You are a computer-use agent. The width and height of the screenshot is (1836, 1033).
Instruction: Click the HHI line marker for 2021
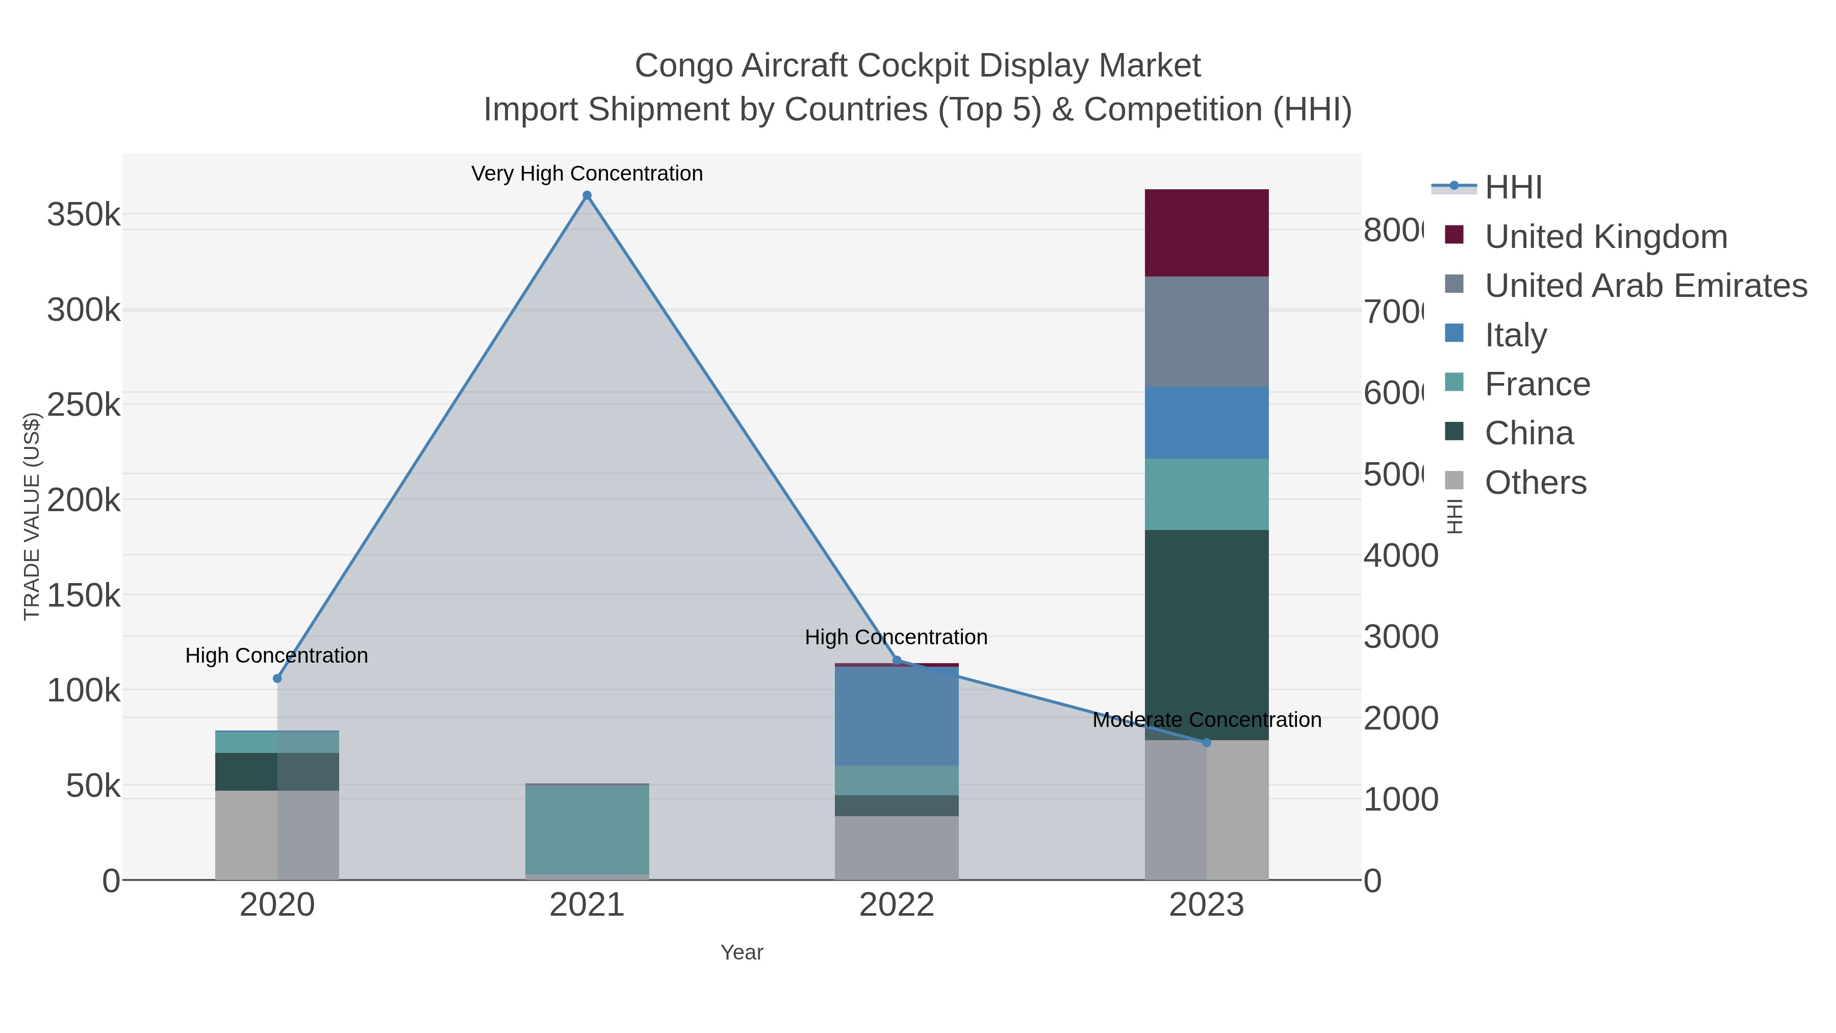coord(586,195)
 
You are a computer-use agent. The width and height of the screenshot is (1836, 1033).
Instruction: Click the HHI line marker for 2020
coord(277,678)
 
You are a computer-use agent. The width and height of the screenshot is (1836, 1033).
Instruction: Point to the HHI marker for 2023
coord(1206,742)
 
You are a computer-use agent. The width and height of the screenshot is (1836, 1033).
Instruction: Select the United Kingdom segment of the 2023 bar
coord(1206,233)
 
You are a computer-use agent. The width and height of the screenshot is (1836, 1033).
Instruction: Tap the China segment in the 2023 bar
coord(1206,635)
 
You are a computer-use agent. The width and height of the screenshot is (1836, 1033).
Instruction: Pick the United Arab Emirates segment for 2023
coord(1206,332)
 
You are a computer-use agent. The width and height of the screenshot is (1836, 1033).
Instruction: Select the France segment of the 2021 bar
coord(586,828)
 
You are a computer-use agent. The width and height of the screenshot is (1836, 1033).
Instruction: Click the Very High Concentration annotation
coord(586,173)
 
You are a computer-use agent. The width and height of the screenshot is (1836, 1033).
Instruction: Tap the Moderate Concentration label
coord(1206,720)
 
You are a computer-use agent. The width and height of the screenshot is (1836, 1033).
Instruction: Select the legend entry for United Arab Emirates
coord(1645,285)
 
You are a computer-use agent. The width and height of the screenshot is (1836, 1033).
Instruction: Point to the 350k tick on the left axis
coord(84,214)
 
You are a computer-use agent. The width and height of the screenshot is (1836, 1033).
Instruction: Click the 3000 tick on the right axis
coord(1400,637)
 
